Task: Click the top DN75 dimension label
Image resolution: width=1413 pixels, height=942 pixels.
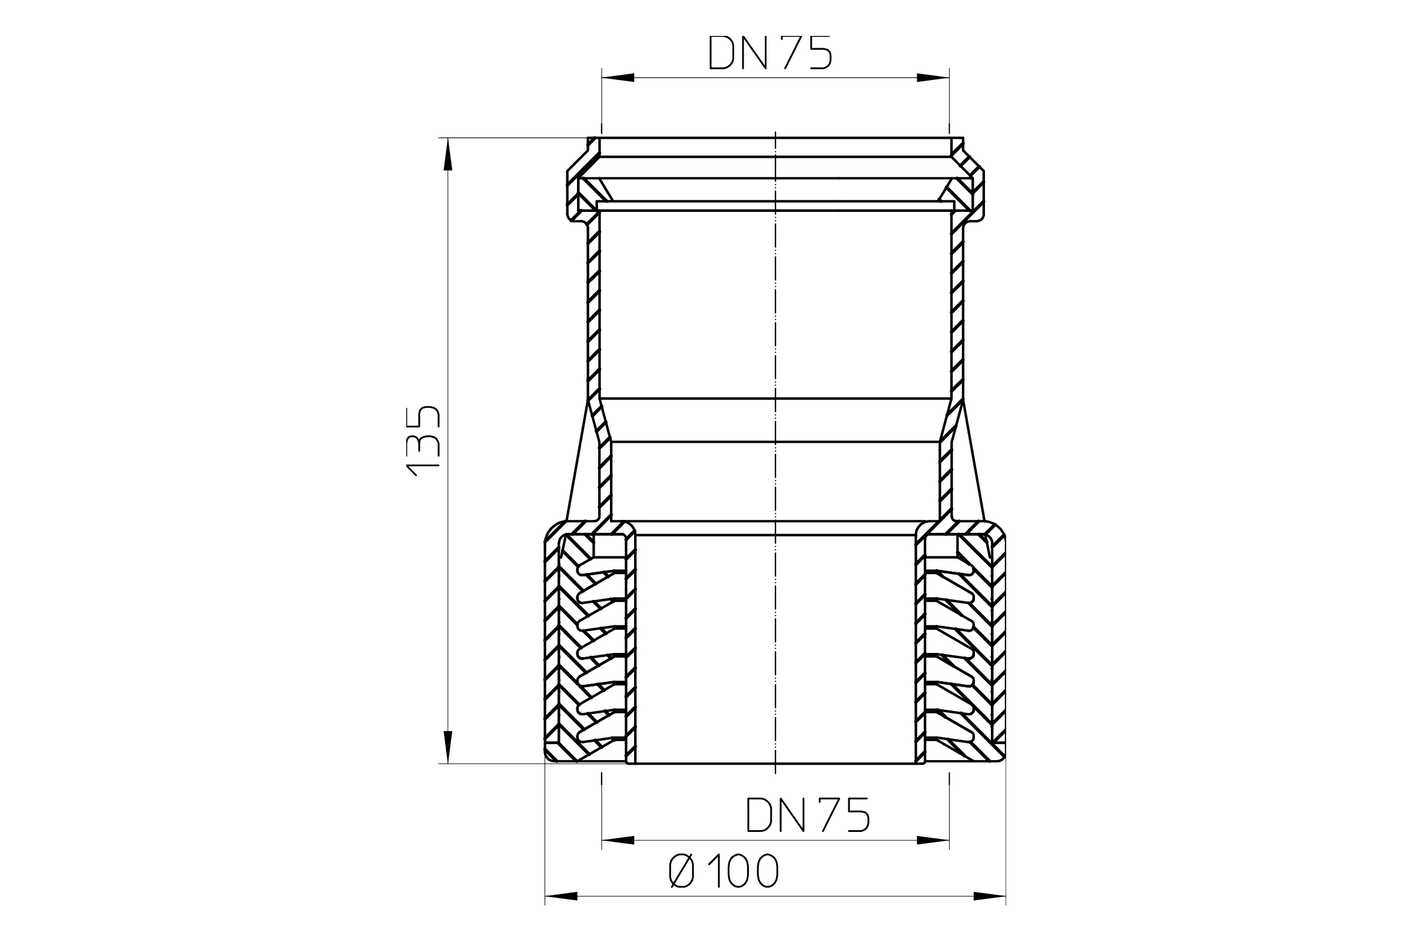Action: [x=770, y=52]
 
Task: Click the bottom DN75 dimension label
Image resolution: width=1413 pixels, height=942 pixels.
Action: [x=807, y=815]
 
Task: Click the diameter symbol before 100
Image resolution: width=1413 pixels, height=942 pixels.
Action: [x=681, y=871]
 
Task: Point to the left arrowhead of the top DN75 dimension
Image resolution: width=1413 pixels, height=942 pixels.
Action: [x=618, y=78]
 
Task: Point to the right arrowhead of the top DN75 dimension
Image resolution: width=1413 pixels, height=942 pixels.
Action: [x=933, y=78]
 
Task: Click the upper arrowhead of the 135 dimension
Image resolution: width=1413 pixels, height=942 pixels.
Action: [x=447, y=154]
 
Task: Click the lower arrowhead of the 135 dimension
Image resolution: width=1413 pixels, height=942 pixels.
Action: [x=447, y=747]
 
